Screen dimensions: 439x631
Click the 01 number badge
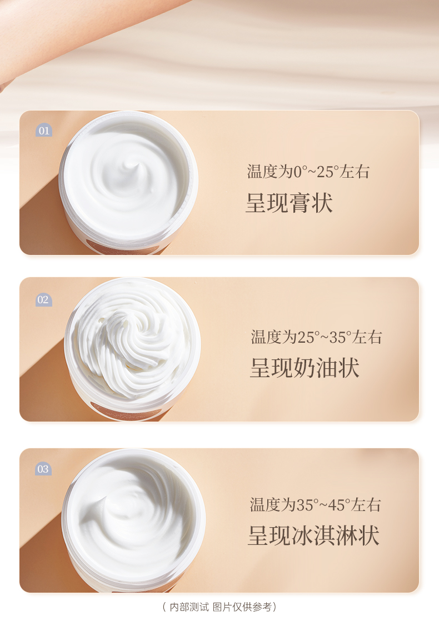44,130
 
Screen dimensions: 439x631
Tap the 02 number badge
43,299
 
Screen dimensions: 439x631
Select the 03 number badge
43,469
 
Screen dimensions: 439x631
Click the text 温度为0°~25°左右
308,172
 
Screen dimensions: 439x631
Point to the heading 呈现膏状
289,203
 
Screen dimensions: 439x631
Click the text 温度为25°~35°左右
316,337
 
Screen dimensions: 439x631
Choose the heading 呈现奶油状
305,368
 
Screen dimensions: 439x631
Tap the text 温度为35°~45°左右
315,505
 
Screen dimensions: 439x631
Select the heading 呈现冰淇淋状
314,535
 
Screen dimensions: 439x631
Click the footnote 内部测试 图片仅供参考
220,607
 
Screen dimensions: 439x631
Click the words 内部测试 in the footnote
189,607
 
